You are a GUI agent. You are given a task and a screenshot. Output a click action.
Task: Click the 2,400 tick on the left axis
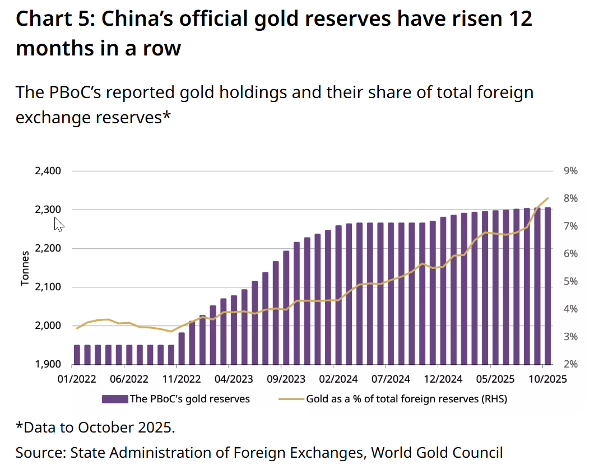click(x=48, y=171)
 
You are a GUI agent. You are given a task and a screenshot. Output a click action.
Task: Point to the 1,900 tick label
click(x=48, y=365)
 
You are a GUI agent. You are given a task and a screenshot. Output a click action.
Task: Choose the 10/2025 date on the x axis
click(x=547, y=379)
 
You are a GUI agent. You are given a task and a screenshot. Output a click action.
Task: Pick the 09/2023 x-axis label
click(x=283, y=379)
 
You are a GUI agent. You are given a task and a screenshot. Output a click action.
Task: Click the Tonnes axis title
click(x=25, y=268)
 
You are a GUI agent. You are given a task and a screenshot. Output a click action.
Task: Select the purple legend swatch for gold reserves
click(x=114, y=399)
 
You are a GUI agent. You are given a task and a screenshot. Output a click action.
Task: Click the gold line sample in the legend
click(x=291, y=399)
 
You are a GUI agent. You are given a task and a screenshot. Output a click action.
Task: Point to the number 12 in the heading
click(x=519, y=19)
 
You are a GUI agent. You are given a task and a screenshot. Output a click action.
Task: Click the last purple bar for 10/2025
click(x=547, y=286)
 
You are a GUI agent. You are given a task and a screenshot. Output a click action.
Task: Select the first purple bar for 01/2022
click(x=77, y=355)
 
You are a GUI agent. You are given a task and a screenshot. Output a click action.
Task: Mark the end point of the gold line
click(x=547, y=198)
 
